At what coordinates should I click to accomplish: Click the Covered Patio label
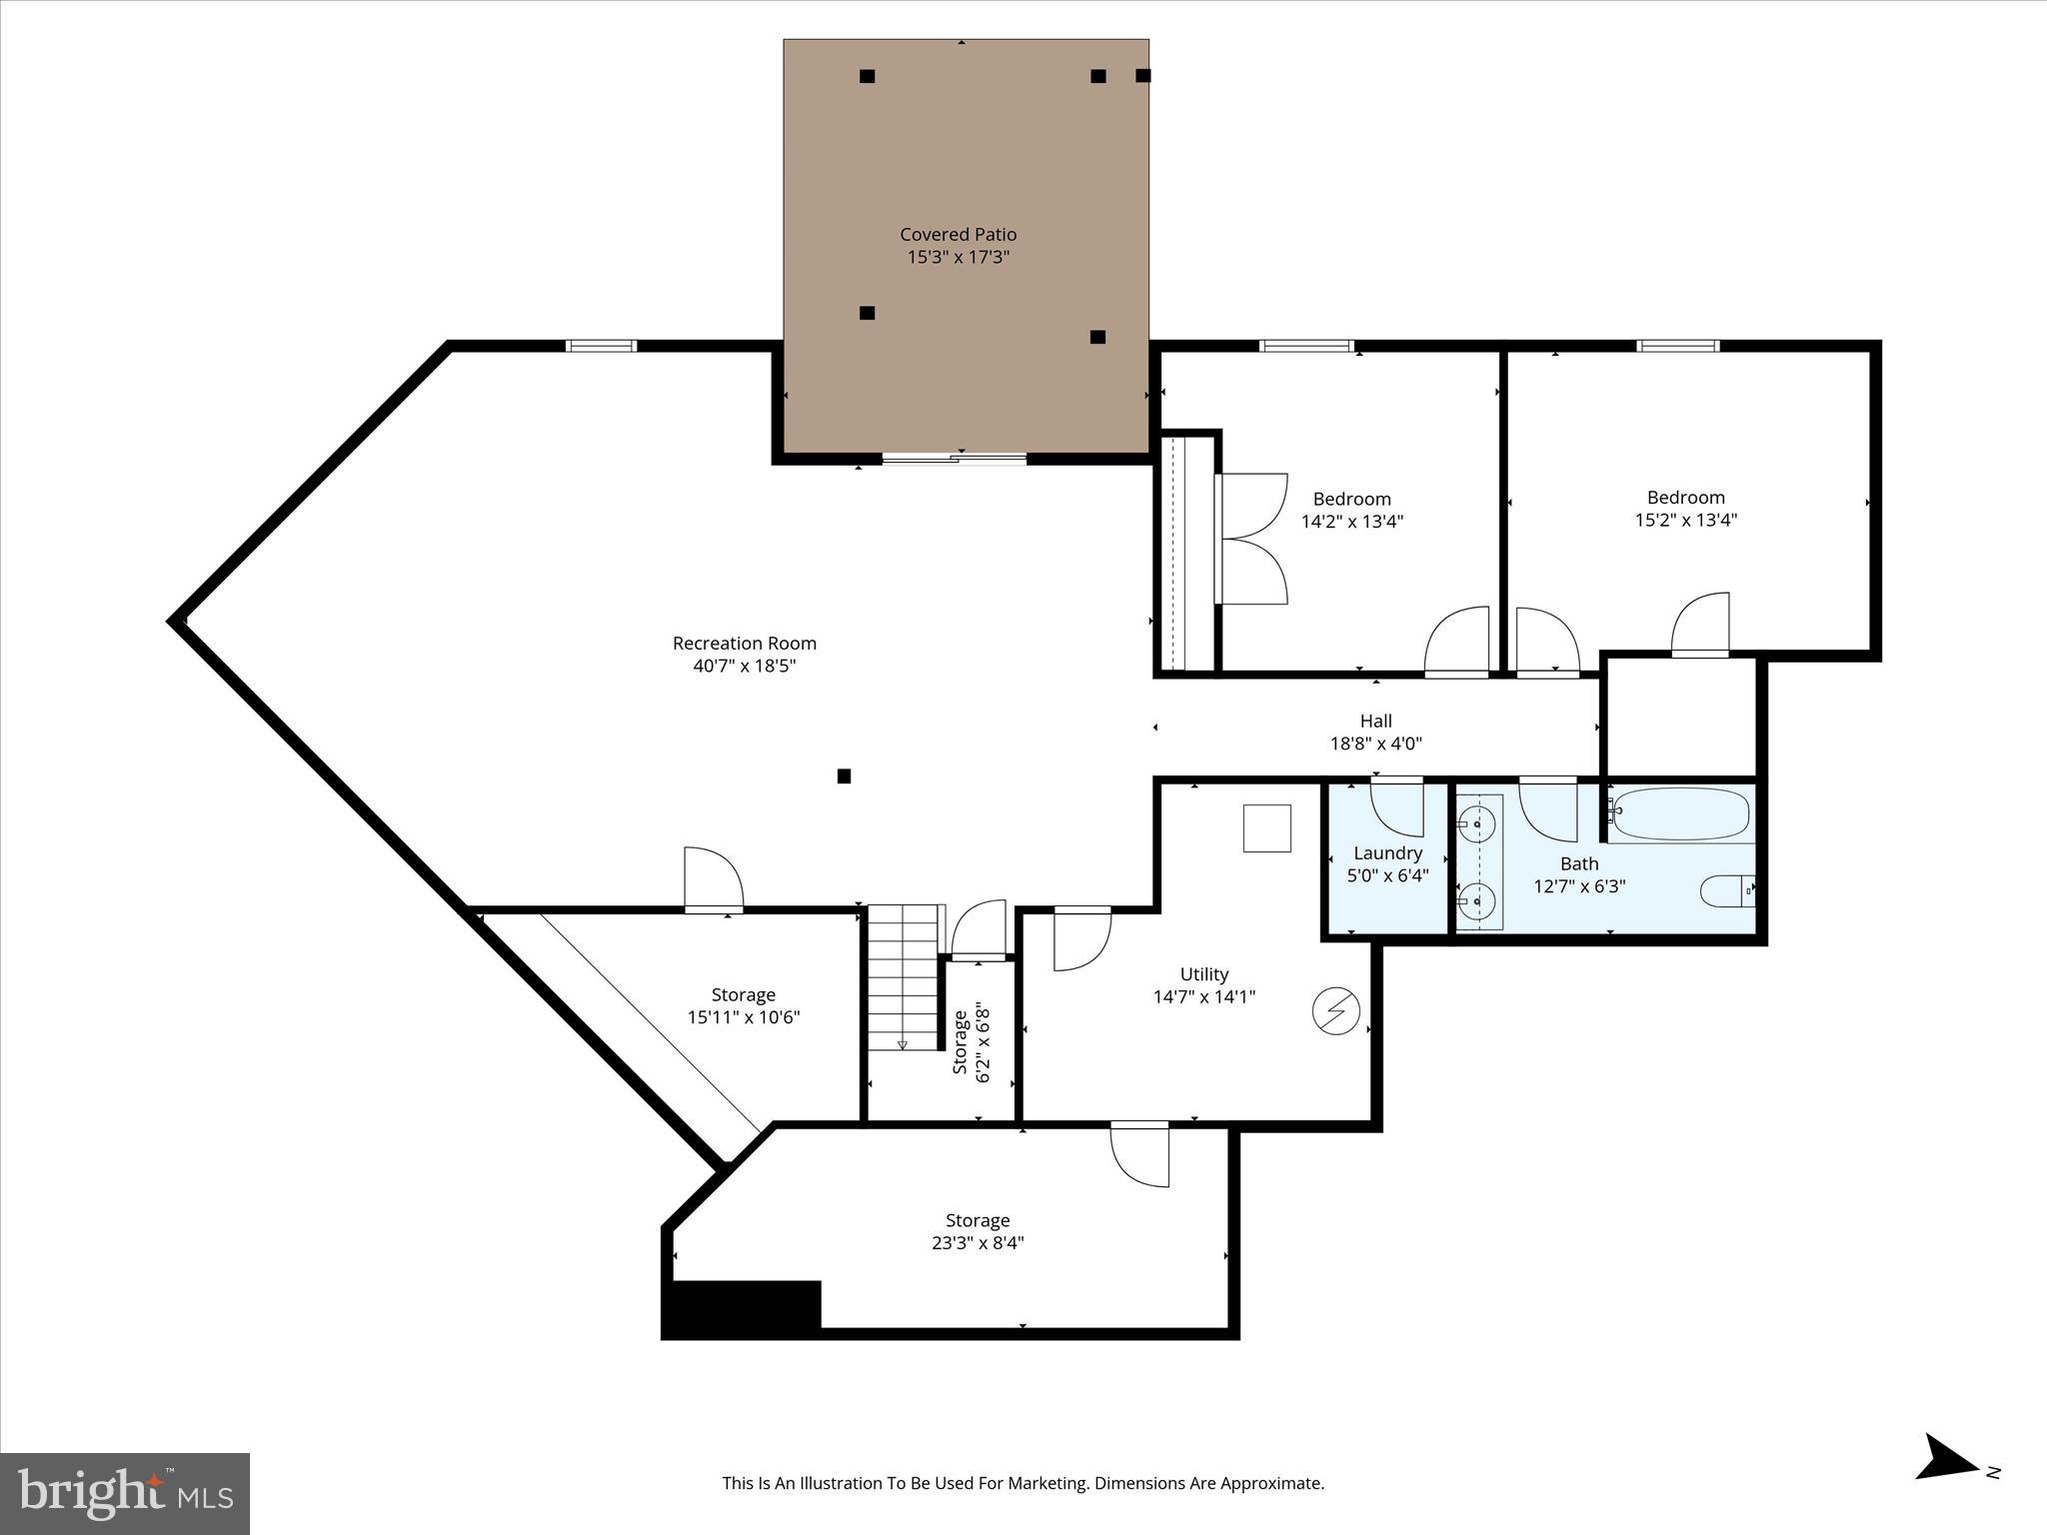[x=958, y=235]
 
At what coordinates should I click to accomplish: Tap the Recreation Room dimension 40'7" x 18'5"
[x=744, y=666]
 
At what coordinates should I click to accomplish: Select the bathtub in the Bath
[x=1680, y=814]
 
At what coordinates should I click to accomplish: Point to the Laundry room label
[x=1387, y=853]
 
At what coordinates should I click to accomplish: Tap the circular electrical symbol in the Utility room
[x=1335, y=1011]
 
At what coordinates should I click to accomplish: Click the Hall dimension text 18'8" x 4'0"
[x=1375, y=744]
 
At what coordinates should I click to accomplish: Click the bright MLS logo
[x=125, y=1494]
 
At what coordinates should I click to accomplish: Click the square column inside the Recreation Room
[x=844, y=776]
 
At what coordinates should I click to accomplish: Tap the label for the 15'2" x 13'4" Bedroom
[x=1685, y=498]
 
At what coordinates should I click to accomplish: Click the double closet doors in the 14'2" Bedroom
[x=1251, y=540]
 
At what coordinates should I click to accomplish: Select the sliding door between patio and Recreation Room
[x=955, y=459]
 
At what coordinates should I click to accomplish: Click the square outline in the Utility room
[x=1266, y=828]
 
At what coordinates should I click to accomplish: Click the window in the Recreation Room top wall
[x=601, y=347]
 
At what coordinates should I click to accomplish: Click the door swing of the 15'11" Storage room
[x=712, y=877]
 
